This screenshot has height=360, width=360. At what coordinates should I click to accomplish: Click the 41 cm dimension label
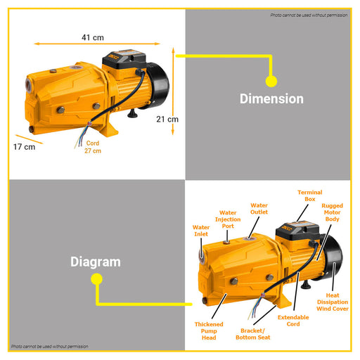coord(93,37)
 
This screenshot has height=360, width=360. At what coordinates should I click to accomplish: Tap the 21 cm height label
coord(167,120)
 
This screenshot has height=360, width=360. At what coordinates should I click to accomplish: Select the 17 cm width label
coord(25,147)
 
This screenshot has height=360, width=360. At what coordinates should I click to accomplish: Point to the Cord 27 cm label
coord(93,147)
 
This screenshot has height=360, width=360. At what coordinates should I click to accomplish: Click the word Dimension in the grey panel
coord(271,98)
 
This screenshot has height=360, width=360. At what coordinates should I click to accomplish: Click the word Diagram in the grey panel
coord(96,262)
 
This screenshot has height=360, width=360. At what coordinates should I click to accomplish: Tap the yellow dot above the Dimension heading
coord(271,82)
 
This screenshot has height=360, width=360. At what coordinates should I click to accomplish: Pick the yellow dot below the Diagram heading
coord(96,279)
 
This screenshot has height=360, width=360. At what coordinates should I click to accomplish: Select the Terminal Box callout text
coord(310,195)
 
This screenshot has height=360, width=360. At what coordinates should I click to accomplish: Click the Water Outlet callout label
coord(259,209)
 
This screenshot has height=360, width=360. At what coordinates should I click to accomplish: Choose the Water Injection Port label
coord(228,219)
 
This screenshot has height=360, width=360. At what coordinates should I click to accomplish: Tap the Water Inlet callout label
coord(201,231)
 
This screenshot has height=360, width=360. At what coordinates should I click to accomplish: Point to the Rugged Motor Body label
coord(332,212)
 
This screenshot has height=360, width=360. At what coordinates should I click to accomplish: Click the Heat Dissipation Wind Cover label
coord(333,302)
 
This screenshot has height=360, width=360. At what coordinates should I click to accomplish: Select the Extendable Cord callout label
coord(293,321)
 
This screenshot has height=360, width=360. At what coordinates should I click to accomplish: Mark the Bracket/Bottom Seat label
coord(253,334)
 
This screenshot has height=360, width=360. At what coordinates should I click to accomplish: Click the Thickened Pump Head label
coord(209,331)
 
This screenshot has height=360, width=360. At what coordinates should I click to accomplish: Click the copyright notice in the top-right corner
coord(309,15)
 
